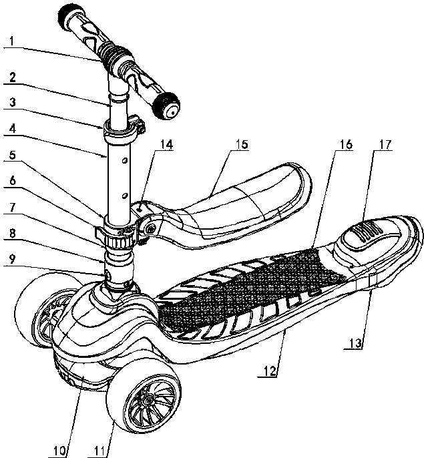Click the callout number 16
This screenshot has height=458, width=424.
pos(346,143)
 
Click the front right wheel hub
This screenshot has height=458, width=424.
pos(144,403)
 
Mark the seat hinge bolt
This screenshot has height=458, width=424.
pos(152,228)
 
